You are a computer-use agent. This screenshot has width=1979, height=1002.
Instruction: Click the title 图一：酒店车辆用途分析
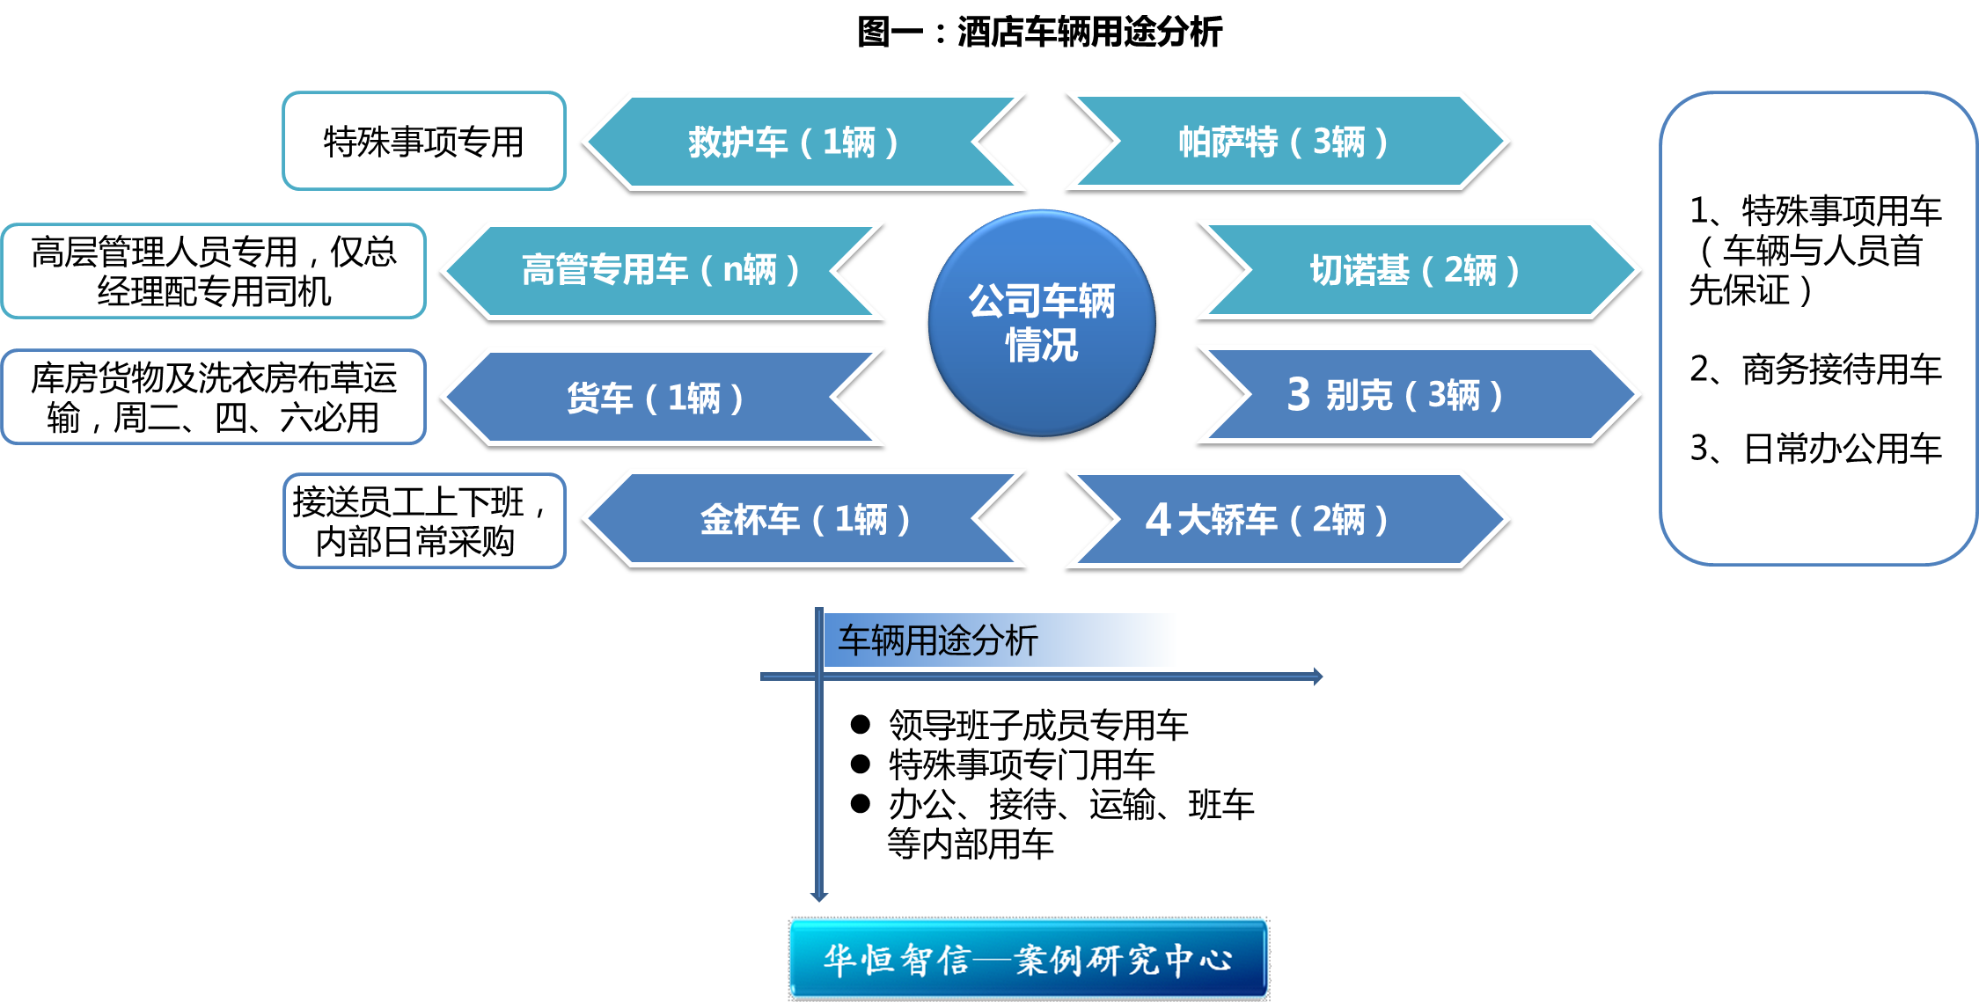click(1039, 33)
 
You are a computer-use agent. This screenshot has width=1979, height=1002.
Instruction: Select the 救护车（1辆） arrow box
click(792, 143)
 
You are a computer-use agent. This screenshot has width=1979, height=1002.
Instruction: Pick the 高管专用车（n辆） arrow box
click(660, 270)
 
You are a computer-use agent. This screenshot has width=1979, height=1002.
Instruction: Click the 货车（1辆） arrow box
click(656, 399)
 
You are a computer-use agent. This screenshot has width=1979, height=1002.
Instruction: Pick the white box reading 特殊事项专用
click(423, 142)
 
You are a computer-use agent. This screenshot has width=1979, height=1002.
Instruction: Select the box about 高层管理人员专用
click(214, 271)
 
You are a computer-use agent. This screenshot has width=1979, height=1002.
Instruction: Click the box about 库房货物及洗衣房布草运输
click(214, 398)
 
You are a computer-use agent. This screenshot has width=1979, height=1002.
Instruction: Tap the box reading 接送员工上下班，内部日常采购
click(423, 521)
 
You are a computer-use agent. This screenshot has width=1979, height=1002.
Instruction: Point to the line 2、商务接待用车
click(1815, 369)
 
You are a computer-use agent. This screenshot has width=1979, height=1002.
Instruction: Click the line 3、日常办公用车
click(1815, 449)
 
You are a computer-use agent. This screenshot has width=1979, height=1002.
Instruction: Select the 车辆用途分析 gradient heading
click(1000, 640)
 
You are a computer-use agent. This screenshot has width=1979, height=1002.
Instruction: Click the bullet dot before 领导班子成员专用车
click(860, 725)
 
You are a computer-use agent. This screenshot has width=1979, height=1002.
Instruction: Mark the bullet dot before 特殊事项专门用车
click(860, 764)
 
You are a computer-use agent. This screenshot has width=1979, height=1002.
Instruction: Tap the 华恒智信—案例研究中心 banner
click(1028, 959)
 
